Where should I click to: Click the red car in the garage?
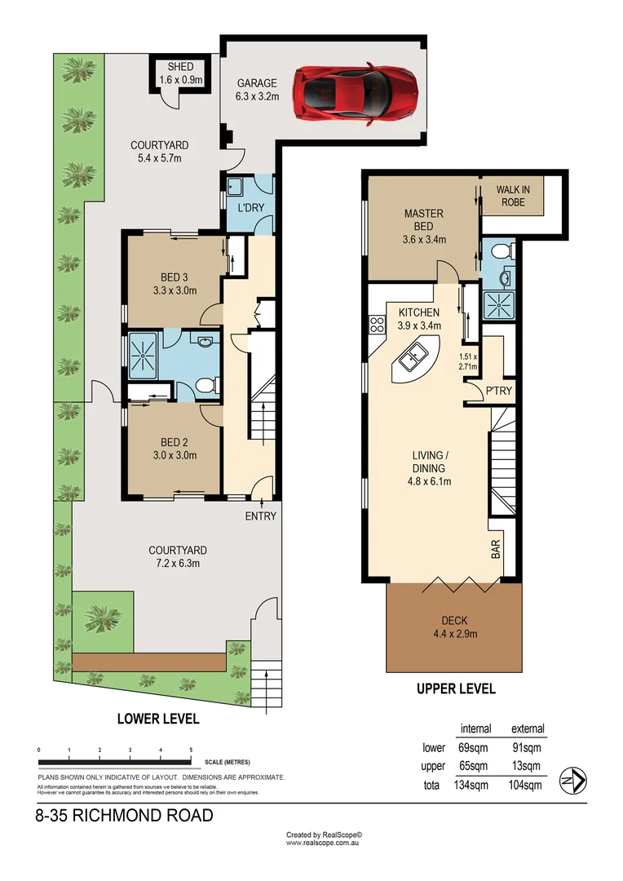click(x=356, y=91)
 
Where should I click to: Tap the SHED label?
click(x=181, y=67)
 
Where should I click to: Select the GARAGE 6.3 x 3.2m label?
click(x=258, y=90)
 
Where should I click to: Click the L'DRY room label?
click(x=250, y=207)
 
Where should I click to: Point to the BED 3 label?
click(x=175, y=277)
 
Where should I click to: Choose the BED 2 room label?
click(x=175, y=442)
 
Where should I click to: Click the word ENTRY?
click(x=261, y=516)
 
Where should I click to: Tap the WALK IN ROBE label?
click(x=513, y=196)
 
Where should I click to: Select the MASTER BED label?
click(x=424, y=219)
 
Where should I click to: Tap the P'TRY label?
click(x=499, y=391)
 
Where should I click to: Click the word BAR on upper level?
click(x=497, y=549)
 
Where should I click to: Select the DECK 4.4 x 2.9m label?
click(x=454, y=627)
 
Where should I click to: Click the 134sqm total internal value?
click(x=471, y=785)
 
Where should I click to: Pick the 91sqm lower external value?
click(x=528, y=747)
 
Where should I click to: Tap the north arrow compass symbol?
click(x=573, y=781)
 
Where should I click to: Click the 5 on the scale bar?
click(x=191, y=750)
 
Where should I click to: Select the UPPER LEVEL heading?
click(x=456, y=688)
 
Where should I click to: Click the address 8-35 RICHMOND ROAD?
click(x=124, y=815)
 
